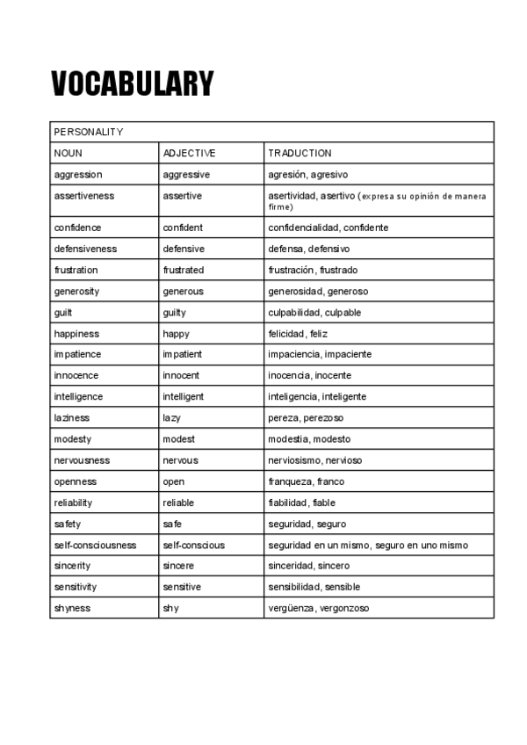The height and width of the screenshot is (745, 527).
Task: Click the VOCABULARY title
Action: coord(132,83)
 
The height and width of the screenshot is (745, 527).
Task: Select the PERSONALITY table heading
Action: coord(89,132)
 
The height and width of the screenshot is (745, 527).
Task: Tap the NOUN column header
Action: coord(69,153)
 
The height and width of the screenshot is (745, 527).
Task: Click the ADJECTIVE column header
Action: coord(189,153)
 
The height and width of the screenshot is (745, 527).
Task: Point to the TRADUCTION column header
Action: coord(300,153)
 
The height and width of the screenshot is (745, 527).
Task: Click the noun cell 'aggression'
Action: coord(78,175)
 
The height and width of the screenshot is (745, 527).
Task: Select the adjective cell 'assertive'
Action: coord(182,196)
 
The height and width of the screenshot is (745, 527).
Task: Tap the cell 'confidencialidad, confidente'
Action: coord(328,228)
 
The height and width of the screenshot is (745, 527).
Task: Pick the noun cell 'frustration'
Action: coord(76,270)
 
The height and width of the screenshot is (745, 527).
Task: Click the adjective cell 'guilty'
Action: coord(176,313)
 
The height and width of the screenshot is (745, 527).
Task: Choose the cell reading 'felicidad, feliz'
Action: coord(297,334)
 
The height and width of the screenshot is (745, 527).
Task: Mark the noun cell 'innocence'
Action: coord(76,376)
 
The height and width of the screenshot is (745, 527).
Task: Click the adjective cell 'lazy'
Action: coord(172,418)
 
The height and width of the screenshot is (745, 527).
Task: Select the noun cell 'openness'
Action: coord(76,481)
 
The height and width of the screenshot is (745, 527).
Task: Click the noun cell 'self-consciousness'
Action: coord(95,545)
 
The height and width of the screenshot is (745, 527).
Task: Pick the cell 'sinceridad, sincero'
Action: coord(308,566)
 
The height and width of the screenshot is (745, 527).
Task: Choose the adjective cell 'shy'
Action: coord(170,608)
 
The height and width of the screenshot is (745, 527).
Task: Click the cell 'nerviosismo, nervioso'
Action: coord(314,460)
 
